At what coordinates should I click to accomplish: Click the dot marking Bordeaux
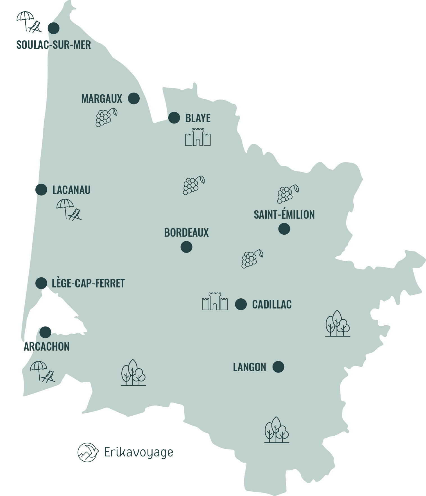coord(186,247)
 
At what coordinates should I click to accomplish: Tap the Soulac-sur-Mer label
coord(54,45)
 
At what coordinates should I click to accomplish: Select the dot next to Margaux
coord(134,99)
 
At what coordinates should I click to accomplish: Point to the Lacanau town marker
coord(41,190)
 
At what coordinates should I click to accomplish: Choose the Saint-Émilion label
coord(284,215)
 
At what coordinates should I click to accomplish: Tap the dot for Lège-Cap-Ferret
coord(41,283)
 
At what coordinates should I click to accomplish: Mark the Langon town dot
coord(278,367)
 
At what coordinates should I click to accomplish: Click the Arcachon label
coord(47,347)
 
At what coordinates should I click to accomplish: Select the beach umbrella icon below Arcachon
coord(42,371)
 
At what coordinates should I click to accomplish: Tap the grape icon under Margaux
coord(106,117)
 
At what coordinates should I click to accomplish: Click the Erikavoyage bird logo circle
coord(88,452)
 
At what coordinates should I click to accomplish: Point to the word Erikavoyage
coord(139,452)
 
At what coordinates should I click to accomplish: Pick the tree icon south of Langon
coord(277,430)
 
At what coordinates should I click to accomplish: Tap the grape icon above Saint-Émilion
coord(287,194)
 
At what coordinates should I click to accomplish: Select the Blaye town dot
coord(174,118)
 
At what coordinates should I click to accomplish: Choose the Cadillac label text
coord(272,305)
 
